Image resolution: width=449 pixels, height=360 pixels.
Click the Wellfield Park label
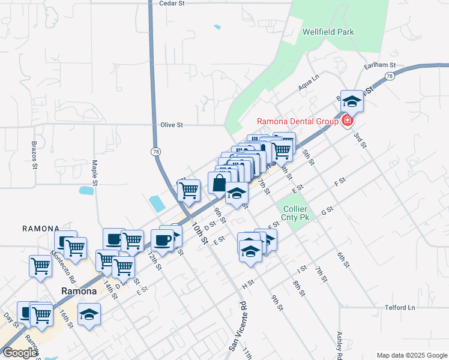click(x=328, y=32)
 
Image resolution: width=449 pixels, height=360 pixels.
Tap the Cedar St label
click(x=171, y=3)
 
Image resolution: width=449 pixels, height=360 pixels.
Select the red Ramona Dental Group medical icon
click(x=346, y=121)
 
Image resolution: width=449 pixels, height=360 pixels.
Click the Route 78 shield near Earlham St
click(x=390, y=76)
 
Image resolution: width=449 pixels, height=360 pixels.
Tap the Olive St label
click(x=171, y=125)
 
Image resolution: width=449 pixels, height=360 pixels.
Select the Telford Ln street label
click(x=400, y=308)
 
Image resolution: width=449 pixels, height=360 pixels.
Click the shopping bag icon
click(x=219, y=182)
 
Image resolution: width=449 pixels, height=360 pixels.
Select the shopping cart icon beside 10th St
click(x=189, y=190)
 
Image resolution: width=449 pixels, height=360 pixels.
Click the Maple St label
click(x=95, y=172)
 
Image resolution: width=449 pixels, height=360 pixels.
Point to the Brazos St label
click(x=34, y=155)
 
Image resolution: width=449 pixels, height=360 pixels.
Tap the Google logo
click(x=19, y=353)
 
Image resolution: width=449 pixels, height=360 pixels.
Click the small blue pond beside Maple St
click(x=86, y=191)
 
